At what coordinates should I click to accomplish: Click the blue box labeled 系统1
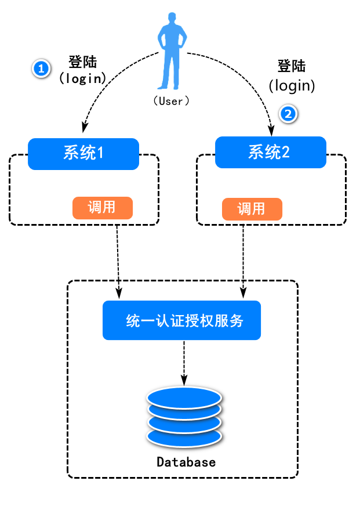(83, 154)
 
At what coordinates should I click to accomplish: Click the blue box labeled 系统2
(270, 153)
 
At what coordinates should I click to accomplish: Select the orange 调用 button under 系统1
(102, 208)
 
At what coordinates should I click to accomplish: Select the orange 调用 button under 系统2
(252, 209)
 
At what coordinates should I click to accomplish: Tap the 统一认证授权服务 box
(181, 320)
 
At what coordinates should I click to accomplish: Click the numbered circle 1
(40, 69)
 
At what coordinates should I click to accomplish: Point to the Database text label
(186, 462)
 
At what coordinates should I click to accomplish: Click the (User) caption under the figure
(171, 100)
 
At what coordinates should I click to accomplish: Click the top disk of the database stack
(184, 397)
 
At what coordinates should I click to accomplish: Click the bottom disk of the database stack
(184, 436)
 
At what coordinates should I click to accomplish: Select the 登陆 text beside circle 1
(82, 62)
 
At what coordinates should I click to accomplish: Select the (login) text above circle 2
(292, 86)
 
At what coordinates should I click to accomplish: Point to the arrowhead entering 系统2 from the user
(271, 126)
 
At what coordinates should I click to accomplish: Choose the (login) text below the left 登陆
(82, 77)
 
